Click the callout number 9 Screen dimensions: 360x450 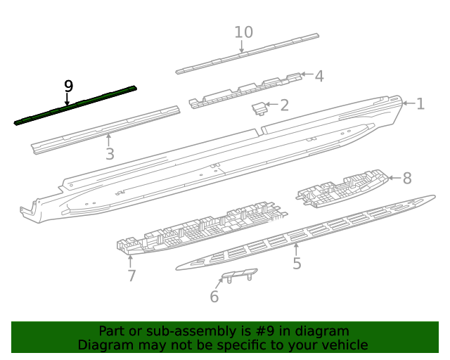(x=68, y=86)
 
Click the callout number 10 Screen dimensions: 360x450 (x=243, y=32)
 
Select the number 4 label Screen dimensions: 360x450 (x=319, y=76)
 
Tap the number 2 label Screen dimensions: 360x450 (x=284, y=105)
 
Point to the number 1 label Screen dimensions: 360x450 (x=420, y=104)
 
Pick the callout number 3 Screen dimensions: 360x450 (x=110, y=154)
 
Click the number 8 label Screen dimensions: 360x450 (x=406, y=178)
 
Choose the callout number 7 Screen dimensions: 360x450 (x=131, y=276)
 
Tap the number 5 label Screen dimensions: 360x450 (x=297, y=264)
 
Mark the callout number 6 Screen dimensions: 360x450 (x=214, y=297)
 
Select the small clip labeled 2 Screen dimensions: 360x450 (x=259, y=107)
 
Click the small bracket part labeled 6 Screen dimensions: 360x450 (x=239, y=275)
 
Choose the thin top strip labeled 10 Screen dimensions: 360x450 (x=246, y=54)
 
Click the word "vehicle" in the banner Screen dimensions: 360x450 (x=344, y=345)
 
